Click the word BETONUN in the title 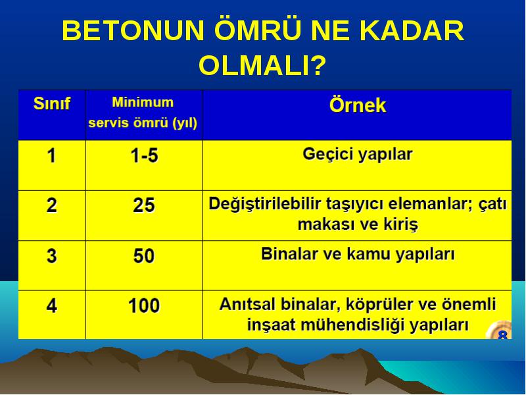133,30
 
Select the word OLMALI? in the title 262,65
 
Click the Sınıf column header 52,103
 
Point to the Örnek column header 358,105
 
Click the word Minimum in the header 143,102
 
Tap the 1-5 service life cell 144,156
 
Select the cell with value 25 144,205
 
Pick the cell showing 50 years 144,255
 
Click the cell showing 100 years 144,305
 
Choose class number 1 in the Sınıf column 51,156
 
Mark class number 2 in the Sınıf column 52,205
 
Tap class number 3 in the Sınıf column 52,255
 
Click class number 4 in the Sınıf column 52,305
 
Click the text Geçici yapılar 358,155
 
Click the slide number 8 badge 502,332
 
